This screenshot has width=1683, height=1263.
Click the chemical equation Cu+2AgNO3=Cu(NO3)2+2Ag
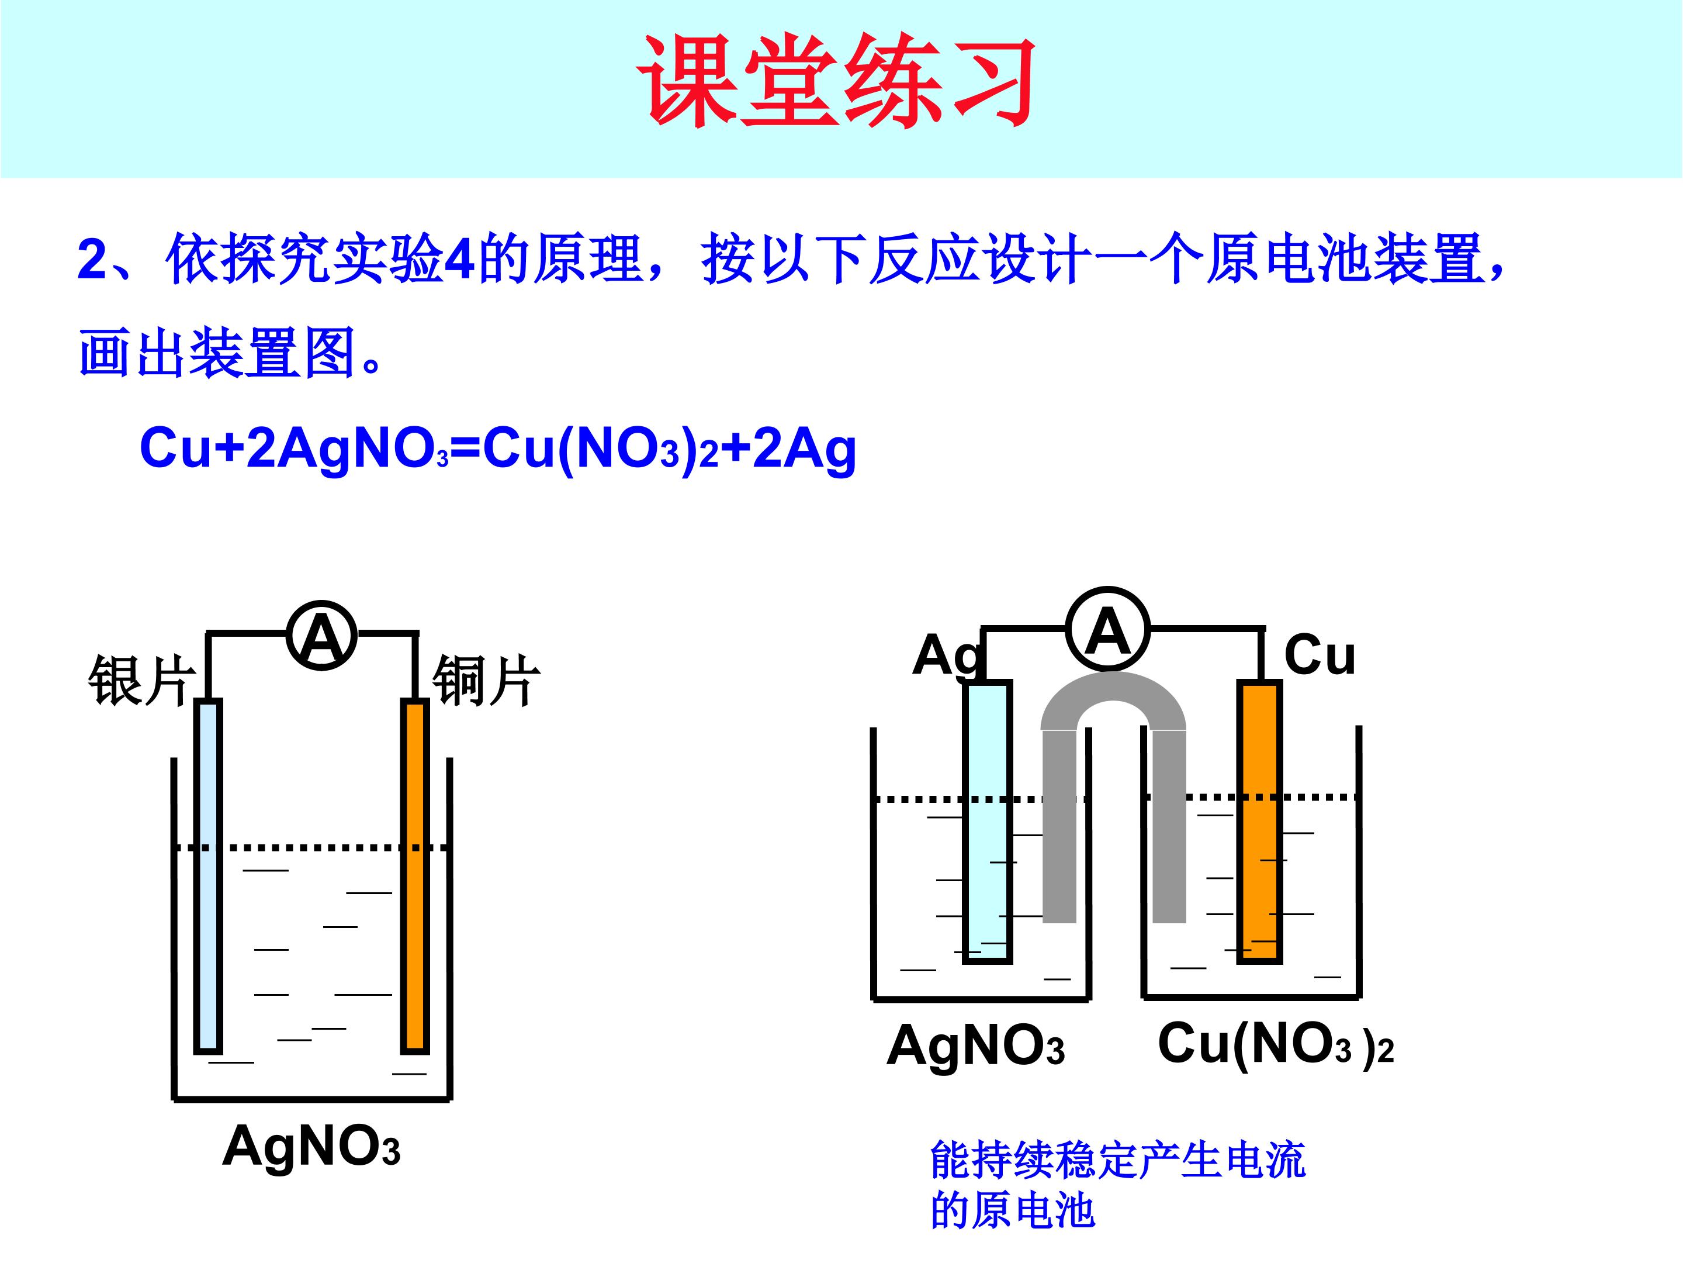[x=498, y=448]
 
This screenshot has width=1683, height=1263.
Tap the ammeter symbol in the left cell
[x=322, y=636]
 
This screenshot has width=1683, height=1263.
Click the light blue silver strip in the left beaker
[x=209, y=875]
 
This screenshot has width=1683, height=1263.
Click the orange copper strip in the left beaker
[x=415, y=875]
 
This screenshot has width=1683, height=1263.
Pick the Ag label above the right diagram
[x=947, y=656]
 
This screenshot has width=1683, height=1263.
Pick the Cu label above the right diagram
[x=1320, y=655]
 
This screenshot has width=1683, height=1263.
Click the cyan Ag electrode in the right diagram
[x=988, y=822]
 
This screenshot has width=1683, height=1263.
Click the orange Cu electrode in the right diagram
[x=1260, y=822]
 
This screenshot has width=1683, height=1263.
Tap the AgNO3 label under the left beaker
[x=311, y=1145]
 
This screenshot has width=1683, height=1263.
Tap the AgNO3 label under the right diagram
[x=975, y=1045]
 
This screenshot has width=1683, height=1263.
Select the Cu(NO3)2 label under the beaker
[x=1275, y=1044]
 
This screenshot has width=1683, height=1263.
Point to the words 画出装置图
[x=217, y=353]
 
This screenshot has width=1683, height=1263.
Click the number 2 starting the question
[x=93, y=260]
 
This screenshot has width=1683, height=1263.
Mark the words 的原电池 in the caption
[x=1013, y=1211]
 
